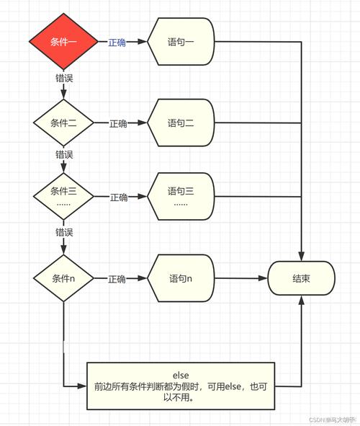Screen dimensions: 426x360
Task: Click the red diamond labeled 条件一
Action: [63, 42]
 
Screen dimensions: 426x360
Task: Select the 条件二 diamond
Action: [63, 123]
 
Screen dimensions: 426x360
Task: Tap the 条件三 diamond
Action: [63, 195]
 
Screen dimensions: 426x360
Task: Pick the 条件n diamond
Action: [63, 278]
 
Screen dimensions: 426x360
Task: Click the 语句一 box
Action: [181, 42]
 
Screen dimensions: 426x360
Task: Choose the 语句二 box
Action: [181, 123]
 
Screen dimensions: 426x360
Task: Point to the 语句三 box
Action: [181, 195]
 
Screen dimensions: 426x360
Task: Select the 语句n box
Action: [181, 278]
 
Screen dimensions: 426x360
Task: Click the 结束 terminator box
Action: [302, 278]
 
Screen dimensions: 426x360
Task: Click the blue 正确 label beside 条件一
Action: [117, 43]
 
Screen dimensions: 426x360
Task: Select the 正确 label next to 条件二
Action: [118, 124]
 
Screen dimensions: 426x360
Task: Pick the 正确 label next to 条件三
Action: [118, 197]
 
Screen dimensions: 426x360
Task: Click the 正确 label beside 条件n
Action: [118, 279]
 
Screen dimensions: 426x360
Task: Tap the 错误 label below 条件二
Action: [64, 154]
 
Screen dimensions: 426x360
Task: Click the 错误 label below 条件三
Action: [64, 231]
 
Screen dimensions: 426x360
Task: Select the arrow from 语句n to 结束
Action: [241, 278]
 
